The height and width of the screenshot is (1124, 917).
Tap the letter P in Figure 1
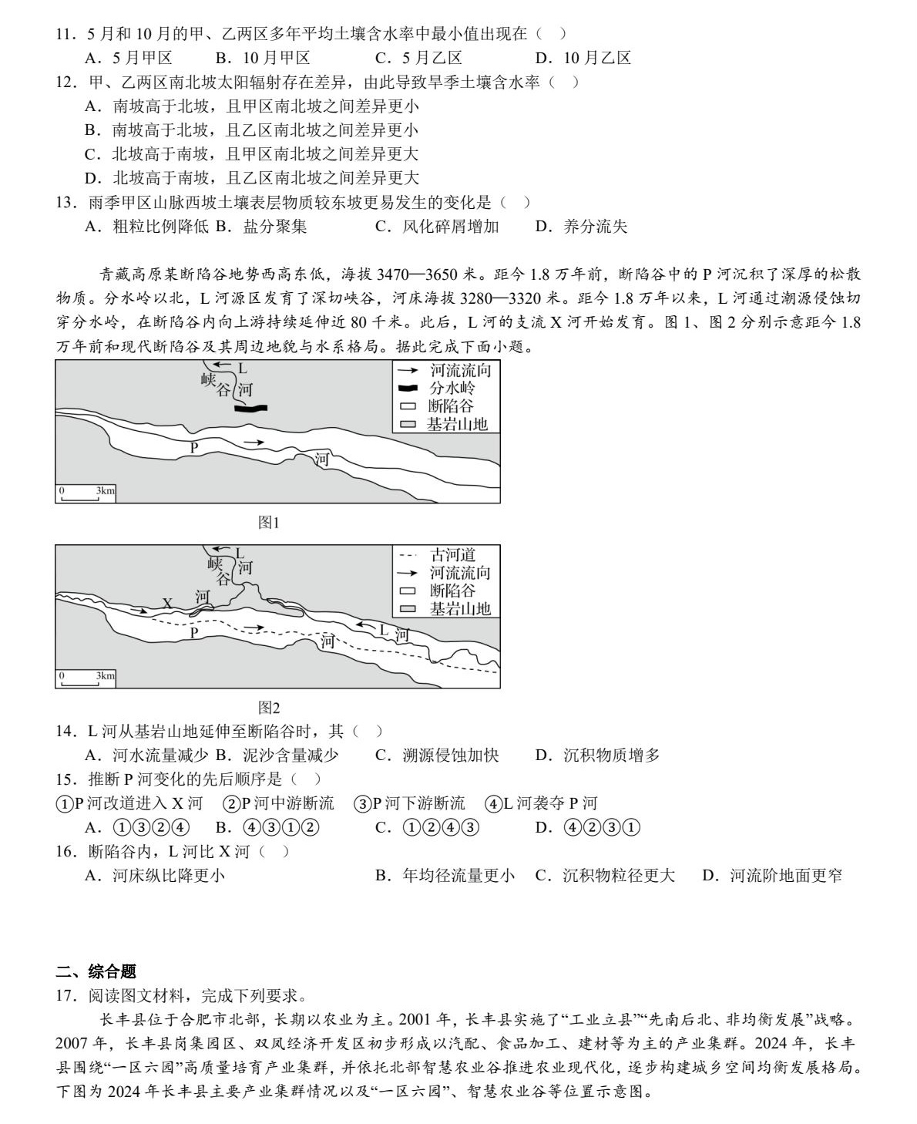pyautogui.click(x=194, y=446)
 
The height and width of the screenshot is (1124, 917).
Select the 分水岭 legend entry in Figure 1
pyautogui.click(x=443, y=388)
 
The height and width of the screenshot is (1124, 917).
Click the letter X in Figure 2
pyautogui.click(x=167, y=603)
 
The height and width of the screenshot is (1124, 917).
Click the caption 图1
pyautogui.click(x=268, y=523)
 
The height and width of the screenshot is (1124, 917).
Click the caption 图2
pyautogui.click(x=268, y=707)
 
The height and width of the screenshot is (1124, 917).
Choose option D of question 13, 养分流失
pyautogui.click(x=581, y=226)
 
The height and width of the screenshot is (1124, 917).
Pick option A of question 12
pyautogui.click(x=251, y=106)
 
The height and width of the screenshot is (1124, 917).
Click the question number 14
pyautogui.click(x=65, y=731)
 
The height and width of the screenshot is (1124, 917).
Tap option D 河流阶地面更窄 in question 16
pyautogui.click(x=771, y=875)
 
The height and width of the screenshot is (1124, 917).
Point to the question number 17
pyautogui.click(x=65, y=995)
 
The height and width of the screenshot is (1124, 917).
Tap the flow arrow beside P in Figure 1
pyautogui.click(x=254, y=443)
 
